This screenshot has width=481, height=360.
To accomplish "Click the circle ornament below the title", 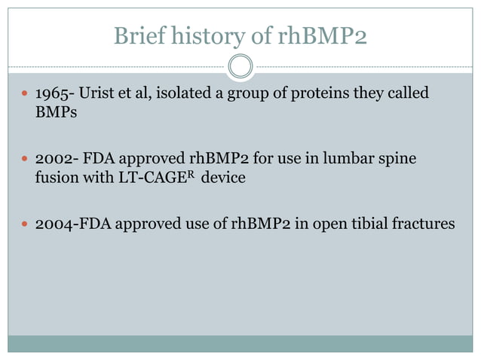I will coord(240,67).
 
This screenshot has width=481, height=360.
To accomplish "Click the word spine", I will coord(396,160).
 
